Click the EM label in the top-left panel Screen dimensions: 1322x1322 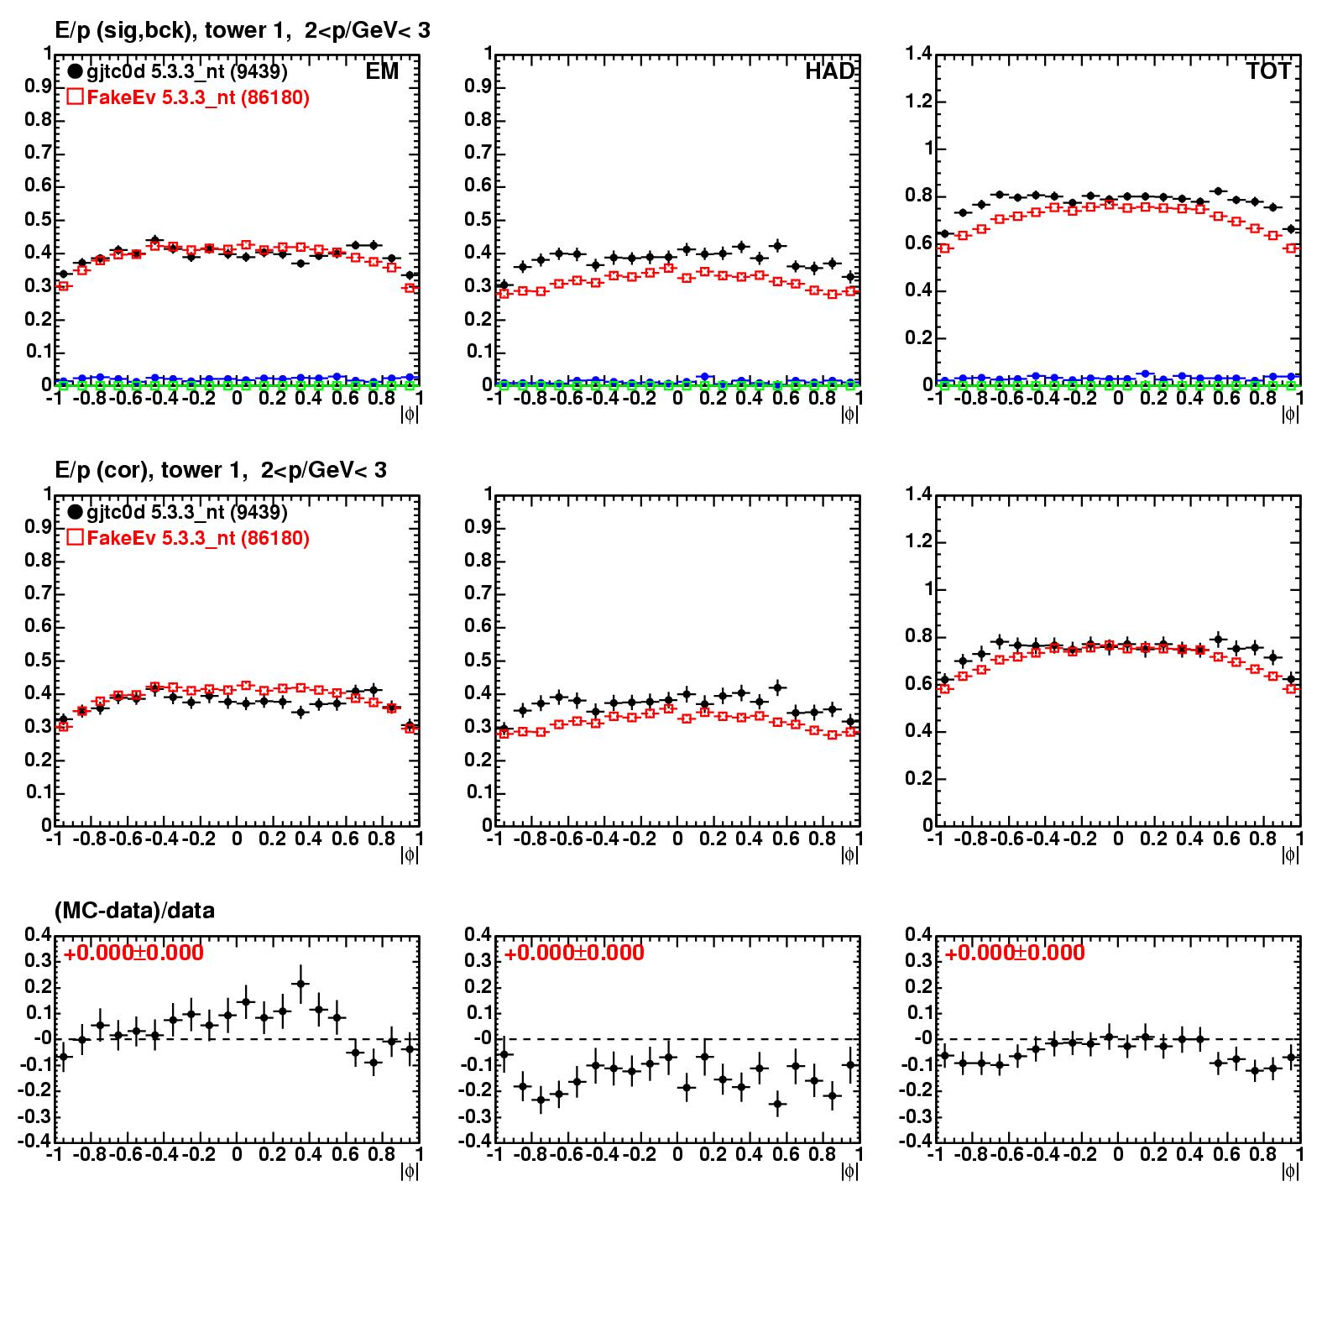(x=382, y=72)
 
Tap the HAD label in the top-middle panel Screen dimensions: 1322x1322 (x=829, y=72)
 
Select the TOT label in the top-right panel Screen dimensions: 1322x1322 (x=1268, y=72)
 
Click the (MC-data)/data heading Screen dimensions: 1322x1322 (x=134, y=911)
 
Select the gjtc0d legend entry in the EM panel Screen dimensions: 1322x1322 (x=177, y=72)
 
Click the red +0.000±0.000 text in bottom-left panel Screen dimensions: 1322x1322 (x=133, y=954)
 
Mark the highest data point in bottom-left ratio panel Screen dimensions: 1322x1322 (x=301, y=984)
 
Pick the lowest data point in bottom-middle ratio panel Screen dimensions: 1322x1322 (x=777, y=1104)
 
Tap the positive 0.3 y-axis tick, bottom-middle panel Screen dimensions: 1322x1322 (x=478, y=960)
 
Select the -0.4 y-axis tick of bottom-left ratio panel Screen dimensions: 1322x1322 (x=36, y=1142)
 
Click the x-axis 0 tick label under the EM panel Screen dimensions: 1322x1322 (x=237, y=399)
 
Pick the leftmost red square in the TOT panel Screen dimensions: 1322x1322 (x=944, y=248)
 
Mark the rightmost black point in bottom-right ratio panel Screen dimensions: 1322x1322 (x=1291, y=1058)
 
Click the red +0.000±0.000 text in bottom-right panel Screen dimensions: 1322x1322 (x=1015, y=954)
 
